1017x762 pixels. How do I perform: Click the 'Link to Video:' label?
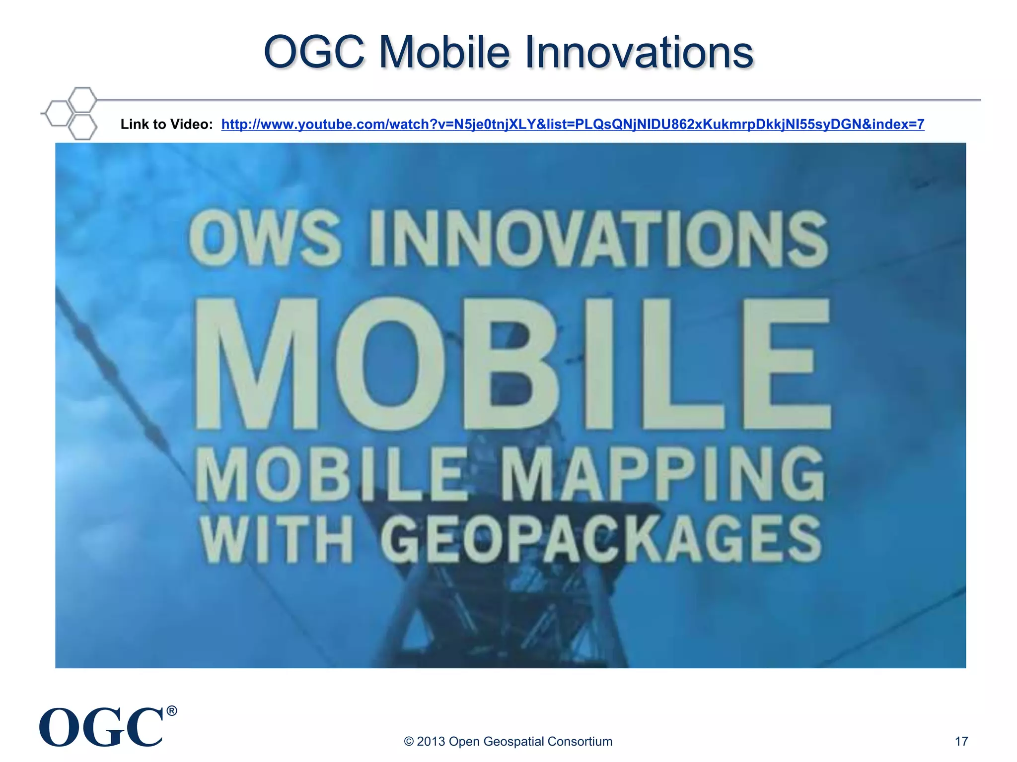click(x=166, y=124)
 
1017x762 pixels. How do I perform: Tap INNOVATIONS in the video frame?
click(x=598, y=238)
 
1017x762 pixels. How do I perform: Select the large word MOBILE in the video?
click(x=511, y=365)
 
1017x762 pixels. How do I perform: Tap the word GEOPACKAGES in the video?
click(x=601, y=539)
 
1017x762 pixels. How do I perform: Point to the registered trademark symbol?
click(x=172, y=711)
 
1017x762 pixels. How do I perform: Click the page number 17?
click(x=961, y=741)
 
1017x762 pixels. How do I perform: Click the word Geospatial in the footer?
click(x=513, y=741)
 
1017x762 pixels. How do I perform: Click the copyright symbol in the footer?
click(x=409, y=741)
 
